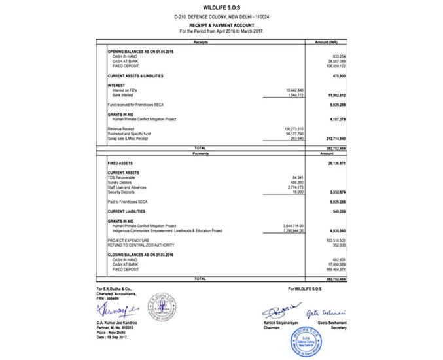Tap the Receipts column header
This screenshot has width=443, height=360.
[200, 42]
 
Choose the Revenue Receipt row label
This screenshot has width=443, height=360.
[121, 129]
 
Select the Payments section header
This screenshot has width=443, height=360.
[200, 153]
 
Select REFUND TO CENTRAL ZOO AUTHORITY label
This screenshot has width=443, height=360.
[139, 245]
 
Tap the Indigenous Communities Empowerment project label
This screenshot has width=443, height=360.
[168, 230]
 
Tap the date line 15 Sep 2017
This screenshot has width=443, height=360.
[115, 337]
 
